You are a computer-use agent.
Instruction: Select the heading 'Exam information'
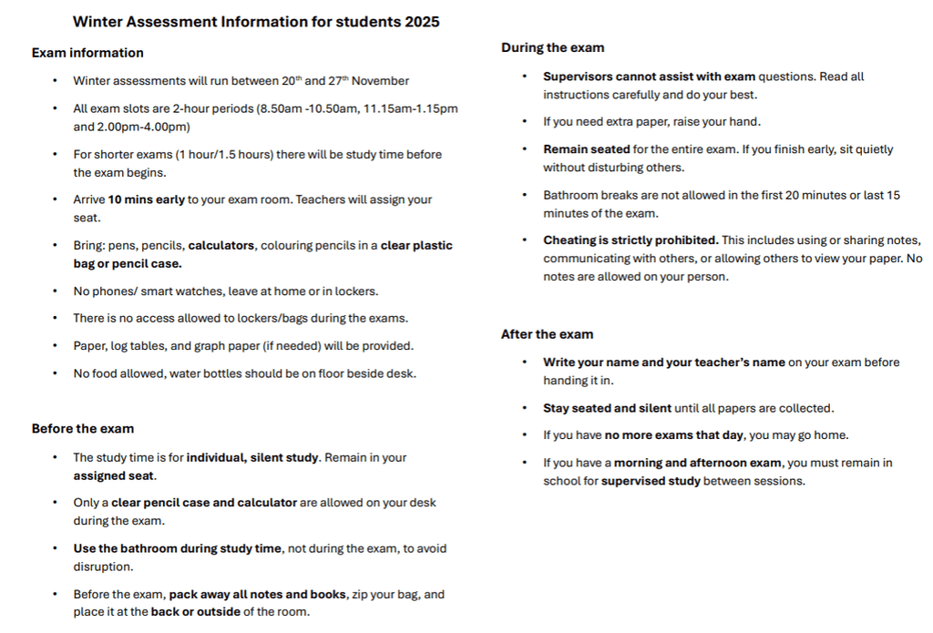[87, 53]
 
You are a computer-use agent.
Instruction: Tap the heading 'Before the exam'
[83, 429]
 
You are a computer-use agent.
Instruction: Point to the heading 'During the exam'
[552, 48]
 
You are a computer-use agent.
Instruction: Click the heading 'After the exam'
[547, 334]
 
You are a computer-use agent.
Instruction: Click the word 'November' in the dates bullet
[381, 81]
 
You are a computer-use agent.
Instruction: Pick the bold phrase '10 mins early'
[147, 199]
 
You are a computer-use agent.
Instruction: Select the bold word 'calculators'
[223, 246]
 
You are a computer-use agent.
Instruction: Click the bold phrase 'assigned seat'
[115, 475]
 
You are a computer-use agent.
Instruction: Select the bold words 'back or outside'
[196, 612]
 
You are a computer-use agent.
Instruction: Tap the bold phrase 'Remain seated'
[587, 149]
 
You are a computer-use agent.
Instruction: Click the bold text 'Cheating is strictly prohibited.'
[631, 240]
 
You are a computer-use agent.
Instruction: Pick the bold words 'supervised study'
[651, 481]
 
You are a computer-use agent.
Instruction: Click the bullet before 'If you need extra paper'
[525, 122]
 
